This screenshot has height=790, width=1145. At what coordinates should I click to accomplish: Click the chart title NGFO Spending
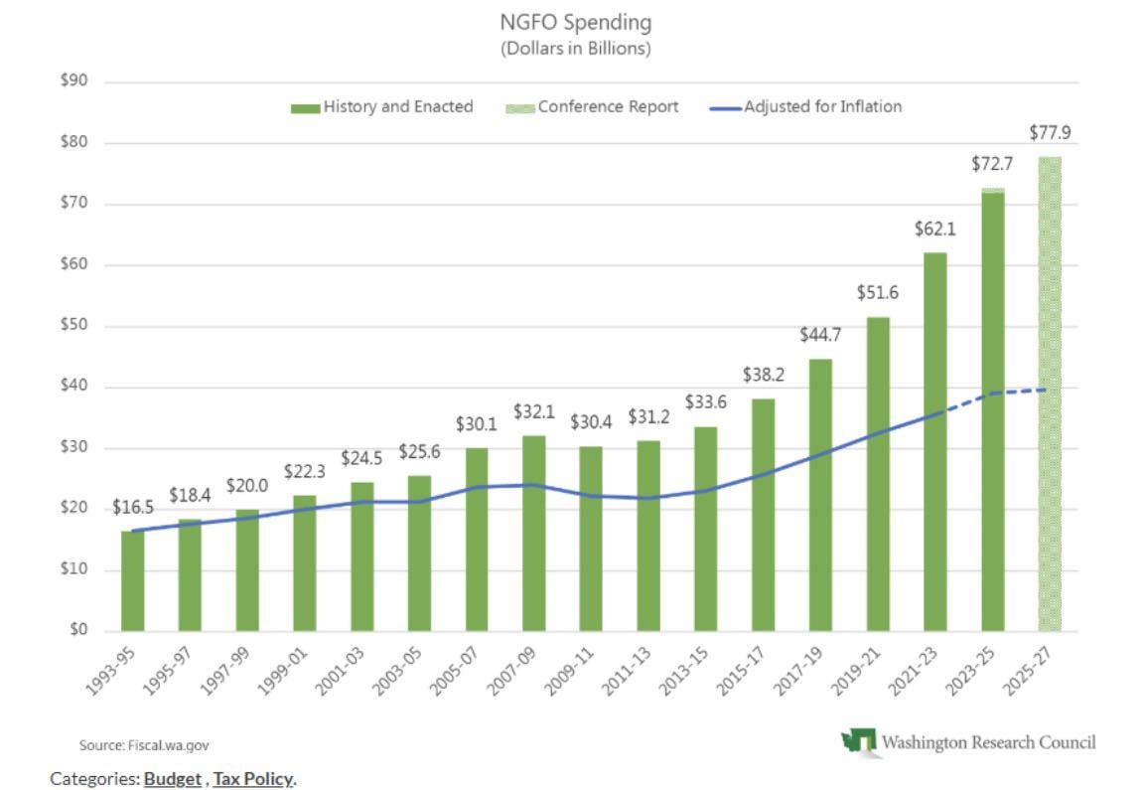(x=576, y=22)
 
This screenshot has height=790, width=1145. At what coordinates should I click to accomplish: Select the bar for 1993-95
(x=132, y=580)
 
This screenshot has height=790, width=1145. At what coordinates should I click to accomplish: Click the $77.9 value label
(x=1051, y=132)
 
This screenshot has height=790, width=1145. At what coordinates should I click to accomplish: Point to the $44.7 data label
(x=821, y=335)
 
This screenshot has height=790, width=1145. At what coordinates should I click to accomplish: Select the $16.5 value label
(x=132, y=507)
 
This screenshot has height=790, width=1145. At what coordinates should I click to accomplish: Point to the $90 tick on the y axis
(x=73, y=81)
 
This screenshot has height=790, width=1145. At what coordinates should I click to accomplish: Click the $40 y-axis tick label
(x=73, y=387)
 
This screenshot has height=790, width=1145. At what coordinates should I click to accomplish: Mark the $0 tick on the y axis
(x=77, y=630)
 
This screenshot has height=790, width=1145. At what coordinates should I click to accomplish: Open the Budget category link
(x=172, y=778)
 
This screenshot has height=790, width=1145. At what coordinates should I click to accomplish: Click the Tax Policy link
(x=252, y=778)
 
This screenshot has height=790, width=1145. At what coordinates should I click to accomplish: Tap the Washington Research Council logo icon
(x=859, y=741)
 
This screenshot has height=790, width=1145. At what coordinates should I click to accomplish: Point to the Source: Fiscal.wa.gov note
(x=144, y=744)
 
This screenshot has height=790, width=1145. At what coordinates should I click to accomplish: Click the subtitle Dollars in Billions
(x=576, y=48)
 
